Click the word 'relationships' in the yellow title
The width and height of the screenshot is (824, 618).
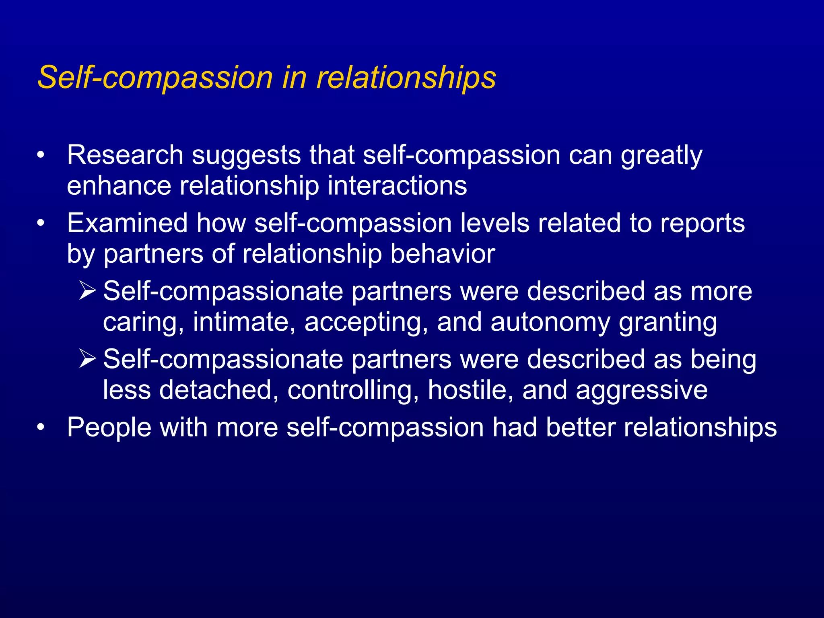point(406,77)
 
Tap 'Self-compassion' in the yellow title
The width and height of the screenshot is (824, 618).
point(155,77)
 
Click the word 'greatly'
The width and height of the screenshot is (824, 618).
point(661,156)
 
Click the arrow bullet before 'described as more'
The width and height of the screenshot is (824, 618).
point(87,290)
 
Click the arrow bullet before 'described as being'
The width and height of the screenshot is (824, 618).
point(87,358)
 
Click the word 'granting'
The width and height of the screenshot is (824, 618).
point(667,323)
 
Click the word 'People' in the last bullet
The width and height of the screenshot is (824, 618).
point(109,427)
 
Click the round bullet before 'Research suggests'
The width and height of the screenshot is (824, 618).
point(40,156)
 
